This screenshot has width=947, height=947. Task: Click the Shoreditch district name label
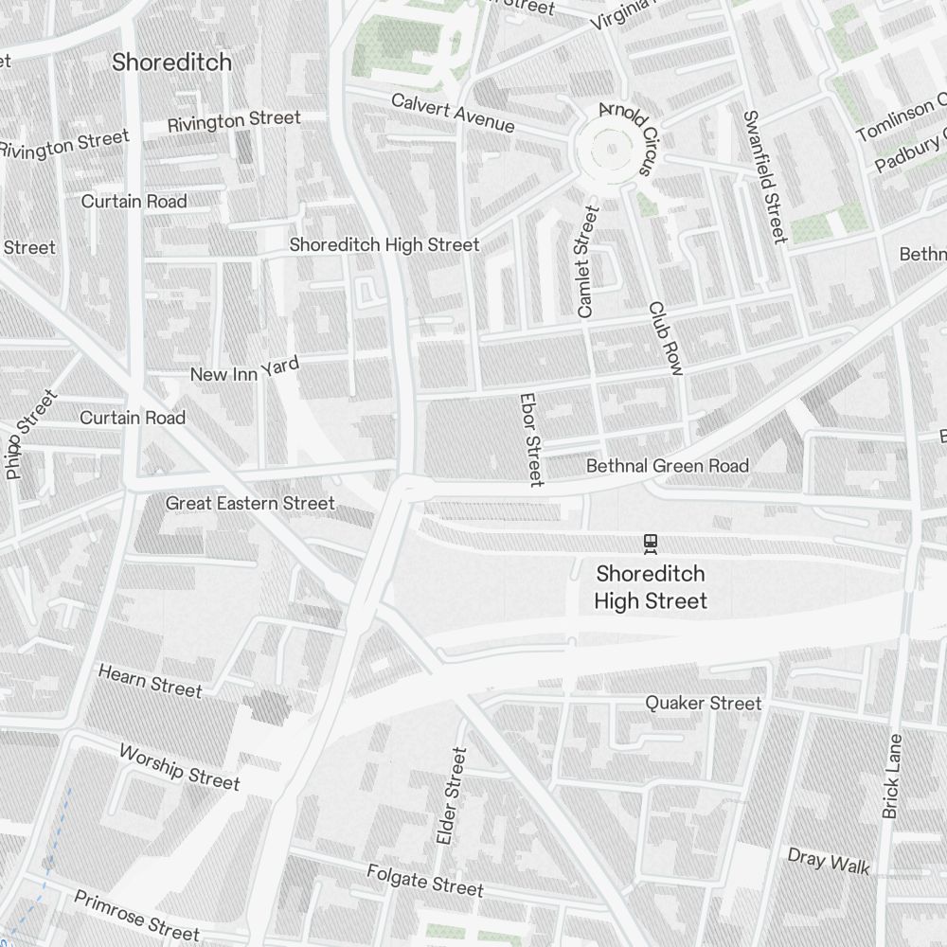tap(171, 63)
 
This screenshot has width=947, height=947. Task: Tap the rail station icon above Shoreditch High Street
tap(650, 543)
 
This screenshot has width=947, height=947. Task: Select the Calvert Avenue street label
tap(453, 113)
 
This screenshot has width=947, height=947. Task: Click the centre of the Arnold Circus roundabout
tap(613, 148)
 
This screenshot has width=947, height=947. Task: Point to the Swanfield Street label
tap(764, 176)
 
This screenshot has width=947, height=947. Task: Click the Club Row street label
tap(666, 338)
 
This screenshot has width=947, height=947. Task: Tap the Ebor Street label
tap(531, 440)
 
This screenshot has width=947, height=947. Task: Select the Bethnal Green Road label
tap(667, 466)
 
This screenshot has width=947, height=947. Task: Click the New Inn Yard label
tap(244, 370)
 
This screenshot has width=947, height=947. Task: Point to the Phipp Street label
tap(31, 435)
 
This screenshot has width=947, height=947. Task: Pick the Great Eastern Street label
tap(250, 503)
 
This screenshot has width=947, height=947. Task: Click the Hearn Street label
tap(150, 681)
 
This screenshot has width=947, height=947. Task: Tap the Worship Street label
tap(179, 766)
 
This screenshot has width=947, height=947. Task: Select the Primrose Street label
tap(136, 914)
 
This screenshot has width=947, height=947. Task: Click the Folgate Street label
tap(425, 881)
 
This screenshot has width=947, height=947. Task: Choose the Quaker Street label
tap(703, 703)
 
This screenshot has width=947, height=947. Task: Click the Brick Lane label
tap(891, 776)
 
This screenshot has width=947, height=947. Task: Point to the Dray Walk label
tap(828, 861)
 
